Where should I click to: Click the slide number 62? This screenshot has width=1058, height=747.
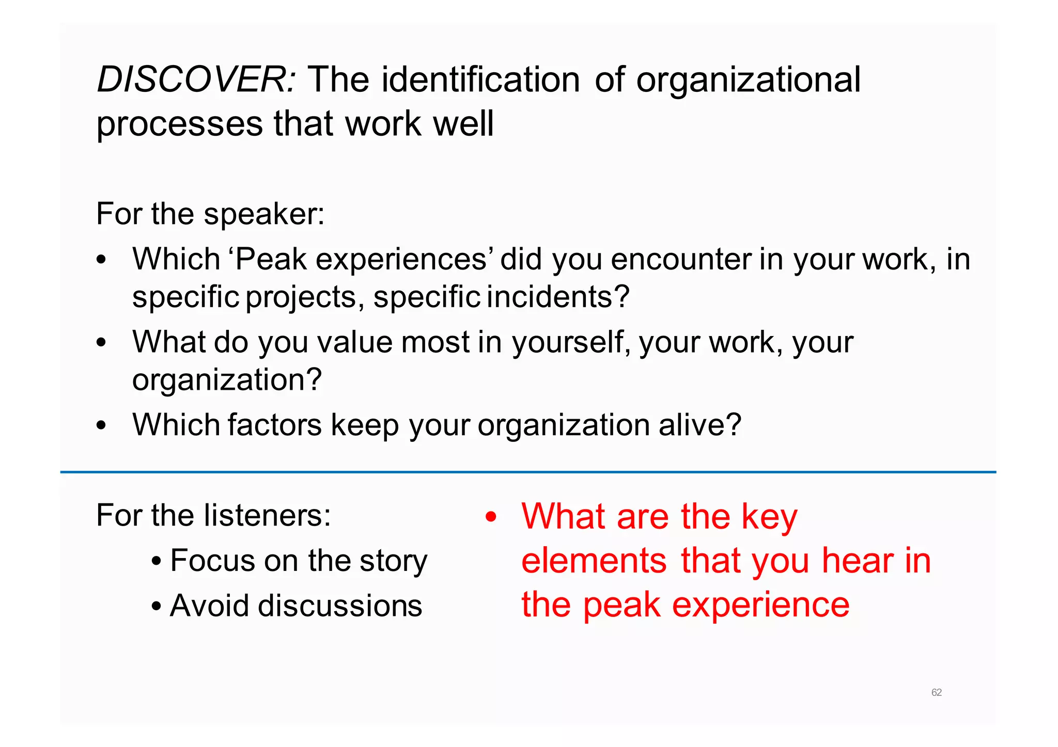936,692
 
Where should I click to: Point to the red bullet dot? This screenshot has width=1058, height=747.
491,517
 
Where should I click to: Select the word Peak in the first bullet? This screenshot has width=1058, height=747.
271,259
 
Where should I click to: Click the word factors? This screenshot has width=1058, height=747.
275,425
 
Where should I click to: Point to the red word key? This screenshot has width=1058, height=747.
769,517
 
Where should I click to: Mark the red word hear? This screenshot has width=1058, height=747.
858,561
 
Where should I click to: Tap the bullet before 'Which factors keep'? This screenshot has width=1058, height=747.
101,426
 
